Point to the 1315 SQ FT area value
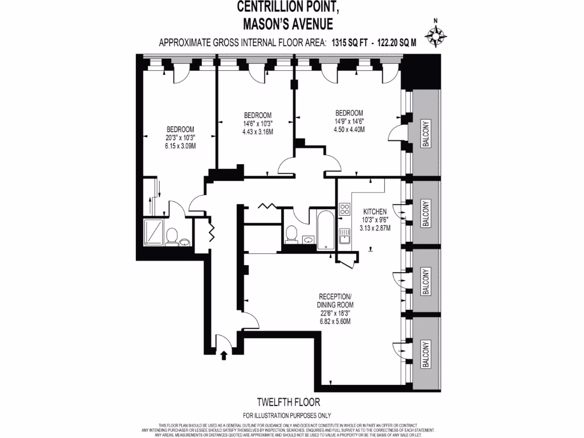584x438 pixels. tap(348, 42)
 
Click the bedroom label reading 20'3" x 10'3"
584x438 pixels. tap(180, 137)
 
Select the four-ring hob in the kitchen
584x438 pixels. tap(344, 209)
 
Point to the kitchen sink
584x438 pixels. tap(344, 235)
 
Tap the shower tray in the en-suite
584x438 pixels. tap(152, 233)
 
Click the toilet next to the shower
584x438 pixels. tap(171, 234)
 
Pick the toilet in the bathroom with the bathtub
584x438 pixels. tap(291, 233)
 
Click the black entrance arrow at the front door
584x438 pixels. tap(224, 356)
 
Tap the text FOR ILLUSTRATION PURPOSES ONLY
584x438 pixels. tap(287, 415)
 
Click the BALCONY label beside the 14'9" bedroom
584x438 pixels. tap(426, 134)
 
